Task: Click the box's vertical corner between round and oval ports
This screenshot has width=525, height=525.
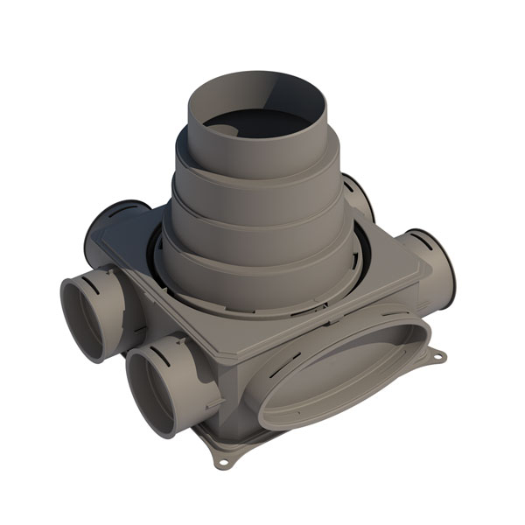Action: point(241,385)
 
